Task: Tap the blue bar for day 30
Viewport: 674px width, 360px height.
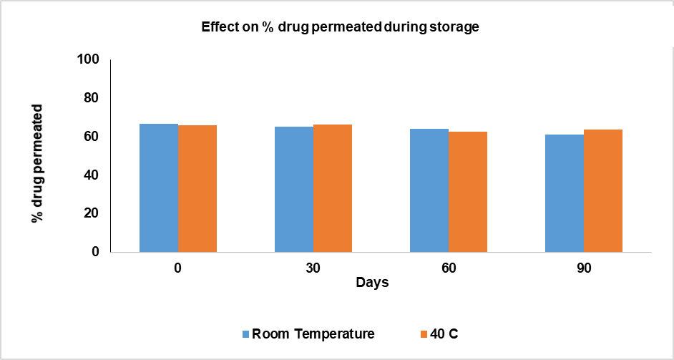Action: (294, 189)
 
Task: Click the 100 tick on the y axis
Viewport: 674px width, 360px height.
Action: (89, 59)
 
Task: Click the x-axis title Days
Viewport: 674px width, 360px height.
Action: (373, 283)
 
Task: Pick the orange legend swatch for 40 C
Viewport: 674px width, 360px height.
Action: (422, 334)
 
